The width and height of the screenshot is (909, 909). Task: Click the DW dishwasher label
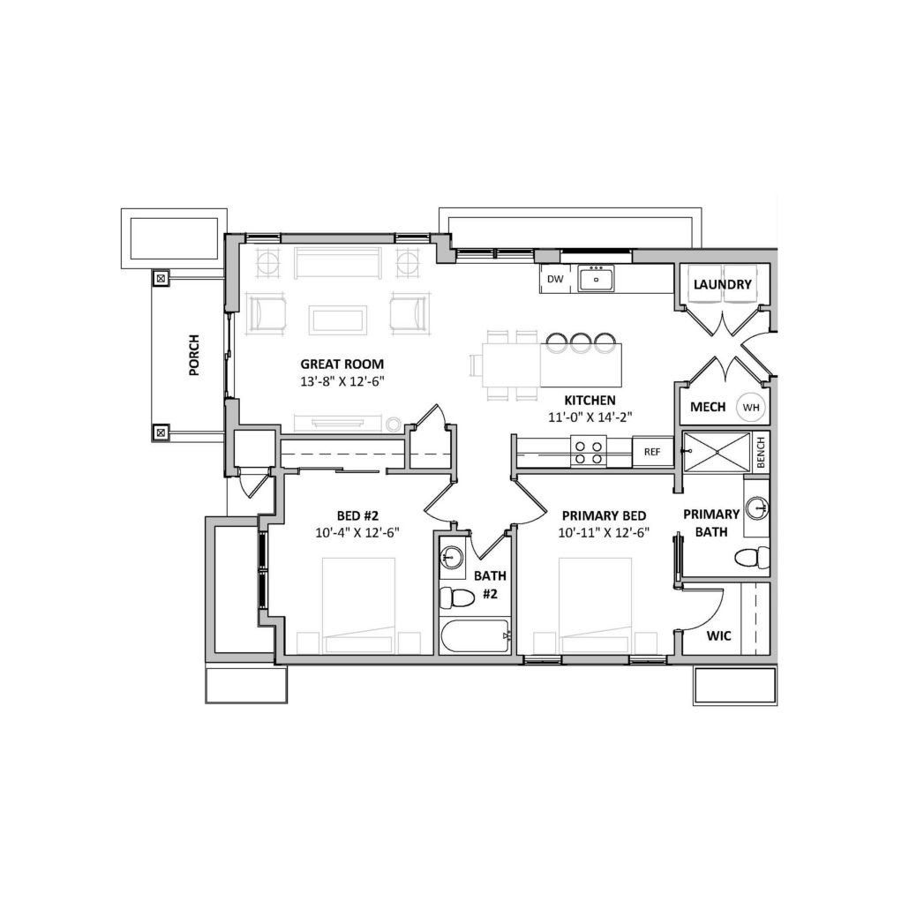555,279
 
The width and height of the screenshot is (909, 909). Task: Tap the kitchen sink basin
596,279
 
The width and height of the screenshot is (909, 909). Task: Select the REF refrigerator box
652,452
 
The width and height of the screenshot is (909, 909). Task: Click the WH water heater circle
751,407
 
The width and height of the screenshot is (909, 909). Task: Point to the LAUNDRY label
722,284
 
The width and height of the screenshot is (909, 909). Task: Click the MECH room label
708,407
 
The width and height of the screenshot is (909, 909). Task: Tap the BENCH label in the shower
761,452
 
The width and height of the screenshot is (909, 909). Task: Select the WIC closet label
718,636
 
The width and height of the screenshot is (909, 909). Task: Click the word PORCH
194,355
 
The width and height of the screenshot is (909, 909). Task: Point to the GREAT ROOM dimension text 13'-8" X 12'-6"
342,381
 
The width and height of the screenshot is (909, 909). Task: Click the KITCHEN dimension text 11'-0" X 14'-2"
590,417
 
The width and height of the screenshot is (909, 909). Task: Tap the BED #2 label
357,515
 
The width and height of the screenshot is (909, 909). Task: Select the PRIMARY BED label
604,515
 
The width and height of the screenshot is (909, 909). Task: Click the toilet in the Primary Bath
752,559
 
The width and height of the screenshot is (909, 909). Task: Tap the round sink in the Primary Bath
756,508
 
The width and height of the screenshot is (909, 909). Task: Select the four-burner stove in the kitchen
589,452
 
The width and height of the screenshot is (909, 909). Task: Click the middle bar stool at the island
580,342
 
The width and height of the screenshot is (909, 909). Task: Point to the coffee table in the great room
338,320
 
